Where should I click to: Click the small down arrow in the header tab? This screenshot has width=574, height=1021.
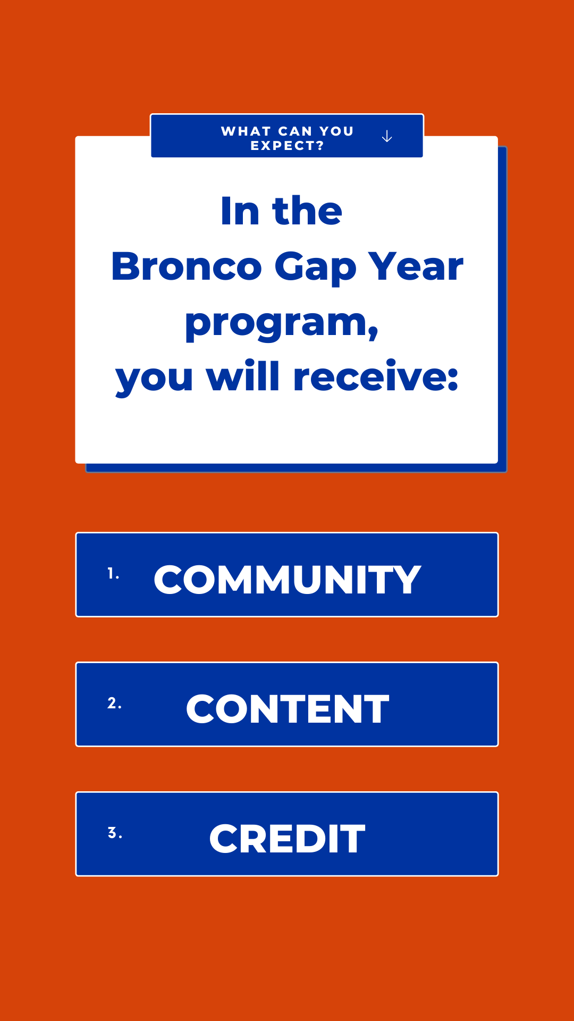[x=387, y=137]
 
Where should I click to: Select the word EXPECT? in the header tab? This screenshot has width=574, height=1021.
[x=287, y=146]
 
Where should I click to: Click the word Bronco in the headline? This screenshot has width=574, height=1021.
[x=187, y=266]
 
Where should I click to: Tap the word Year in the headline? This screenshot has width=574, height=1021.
[x=416, y=266]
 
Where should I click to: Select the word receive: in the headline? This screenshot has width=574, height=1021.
[x=376, y=377]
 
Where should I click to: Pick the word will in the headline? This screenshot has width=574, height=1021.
[x=242, y=377]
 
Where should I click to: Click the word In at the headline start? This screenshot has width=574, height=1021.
[x=240, y=211]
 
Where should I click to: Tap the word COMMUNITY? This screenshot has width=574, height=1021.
[x=287, y=580]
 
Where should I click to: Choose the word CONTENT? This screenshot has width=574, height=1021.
[x=287, y=709]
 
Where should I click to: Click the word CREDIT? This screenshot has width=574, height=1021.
[x=287, y=839]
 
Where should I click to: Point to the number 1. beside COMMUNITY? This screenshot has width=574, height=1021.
[x=113, y=574]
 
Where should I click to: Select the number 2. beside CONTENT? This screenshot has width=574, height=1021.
[x=114, y=703]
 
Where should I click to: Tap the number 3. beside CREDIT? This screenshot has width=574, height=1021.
[x=115, y=833]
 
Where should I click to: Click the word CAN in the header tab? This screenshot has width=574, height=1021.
[x=295, y=131]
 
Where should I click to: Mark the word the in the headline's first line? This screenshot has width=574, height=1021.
[x=307, y=211]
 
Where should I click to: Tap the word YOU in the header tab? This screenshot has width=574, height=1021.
[x=336, y=131]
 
